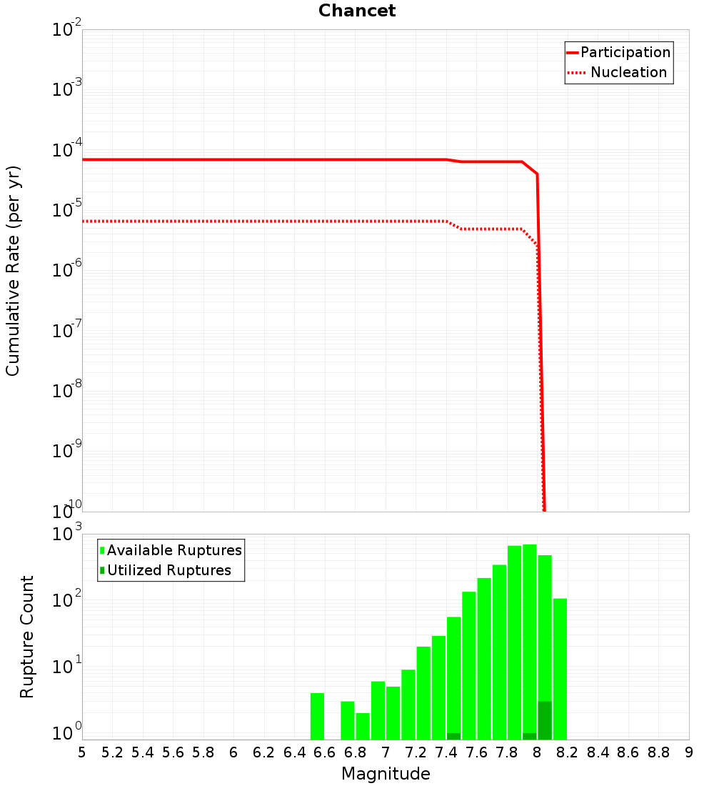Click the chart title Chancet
coord(357,11)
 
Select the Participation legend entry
coord(625,52)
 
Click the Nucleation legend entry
coord(628,72)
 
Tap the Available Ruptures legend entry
coord(174,550)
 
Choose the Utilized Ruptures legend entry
coord(169,570)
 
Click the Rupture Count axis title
coord(27,637)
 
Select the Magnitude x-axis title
coord(386,773)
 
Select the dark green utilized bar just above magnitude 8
coord(545,720)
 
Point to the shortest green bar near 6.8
coord(363,726)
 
